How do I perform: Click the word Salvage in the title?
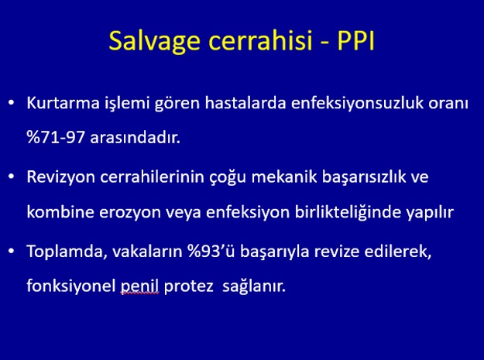[154, 42]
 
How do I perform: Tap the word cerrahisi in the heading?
[261, 40]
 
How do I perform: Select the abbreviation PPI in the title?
[355, 40]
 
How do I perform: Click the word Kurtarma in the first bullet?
[63, 103]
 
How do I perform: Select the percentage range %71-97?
[56, 137]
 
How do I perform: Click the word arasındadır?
[136, 137]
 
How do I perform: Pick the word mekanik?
[284, 177]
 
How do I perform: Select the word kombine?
[60, 212]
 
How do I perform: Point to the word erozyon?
[130, 213]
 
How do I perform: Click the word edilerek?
[398, 252]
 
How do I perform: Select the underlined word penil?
[139, 286]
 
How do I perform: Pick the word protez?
[189, 287]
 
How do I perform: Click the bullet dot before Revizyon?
[12, 177]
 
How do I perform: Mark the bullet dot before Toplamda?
[12, 251]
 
